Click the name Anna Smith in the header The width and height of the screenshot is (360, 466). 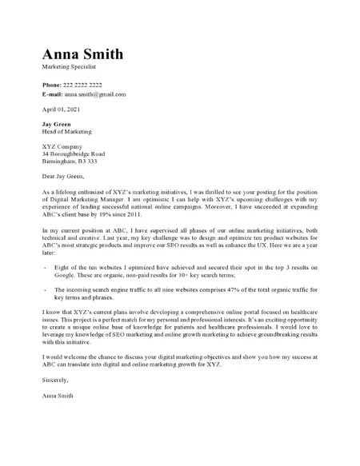(x=82, y=54)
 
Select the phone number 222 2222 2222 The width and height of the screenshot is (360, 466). (x=83, y=84)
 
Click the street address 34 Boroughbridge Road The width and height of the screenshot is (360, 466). (x=74, y=153)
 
